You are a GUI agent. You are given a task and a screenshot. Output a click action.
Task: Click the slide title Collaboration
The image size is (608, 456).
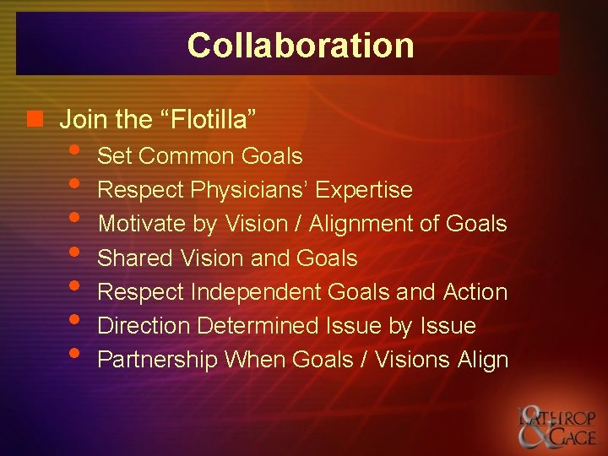tap(301, 45)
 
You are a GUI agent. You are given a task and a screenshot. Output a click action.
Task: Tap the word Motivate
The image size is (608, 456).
tap(138, 224)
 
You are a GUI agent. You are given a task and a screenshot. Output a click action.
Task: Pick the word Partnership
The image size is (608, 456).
tap(158, 360)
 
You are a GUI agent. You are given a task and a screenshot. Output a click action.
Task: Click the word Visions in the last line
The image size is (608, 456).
tap(413, 360)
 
